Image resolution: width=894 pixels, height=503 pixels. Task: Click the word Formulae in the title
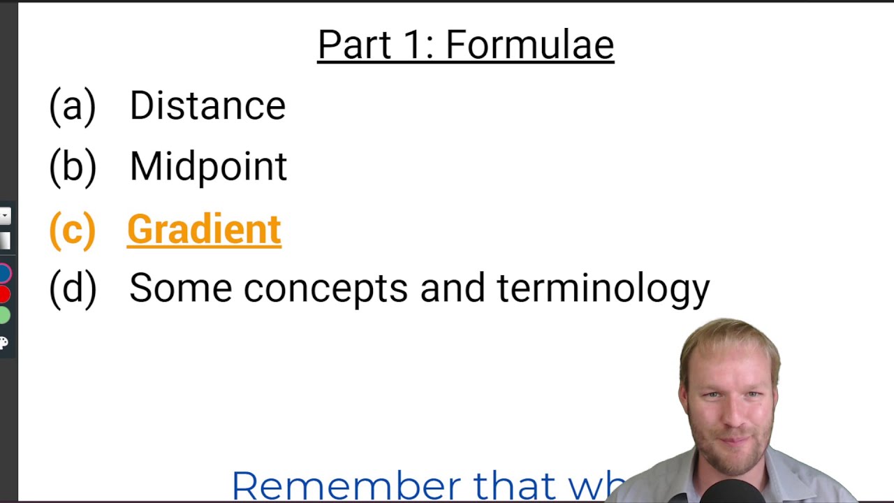529,45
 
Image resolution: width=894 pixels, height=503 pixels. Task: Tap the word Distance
207,106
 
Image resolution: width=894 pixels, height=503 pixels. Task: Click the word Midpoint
208,167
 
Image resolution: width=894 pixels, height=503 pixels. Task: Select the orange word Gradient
204,229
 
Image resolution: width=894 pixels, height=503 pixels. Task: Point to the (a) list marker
72,106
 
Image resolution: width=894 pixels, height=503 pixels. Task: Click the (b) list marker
72,167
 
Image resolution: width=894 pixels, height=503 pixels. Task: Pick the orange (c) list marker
72,229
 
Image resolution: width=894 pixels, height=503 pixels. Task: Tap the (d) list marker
72,288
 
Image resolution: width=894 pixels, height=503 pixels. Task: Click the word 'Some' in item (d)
180,288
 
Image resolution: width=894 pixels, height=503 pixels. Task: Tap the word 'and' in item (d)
452,288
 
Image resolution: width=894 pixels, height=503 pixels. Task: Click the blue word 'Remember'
346,485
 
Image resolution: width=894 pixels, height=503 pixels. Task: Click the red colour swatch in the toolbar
4,294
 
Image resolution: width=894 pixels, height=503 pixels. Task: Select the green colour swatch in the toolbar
4,315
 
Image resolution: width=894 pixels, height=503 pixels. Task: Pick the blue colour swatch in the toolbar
4,273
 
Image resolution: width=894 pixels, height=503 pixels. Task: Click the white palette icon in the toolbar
3,342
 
